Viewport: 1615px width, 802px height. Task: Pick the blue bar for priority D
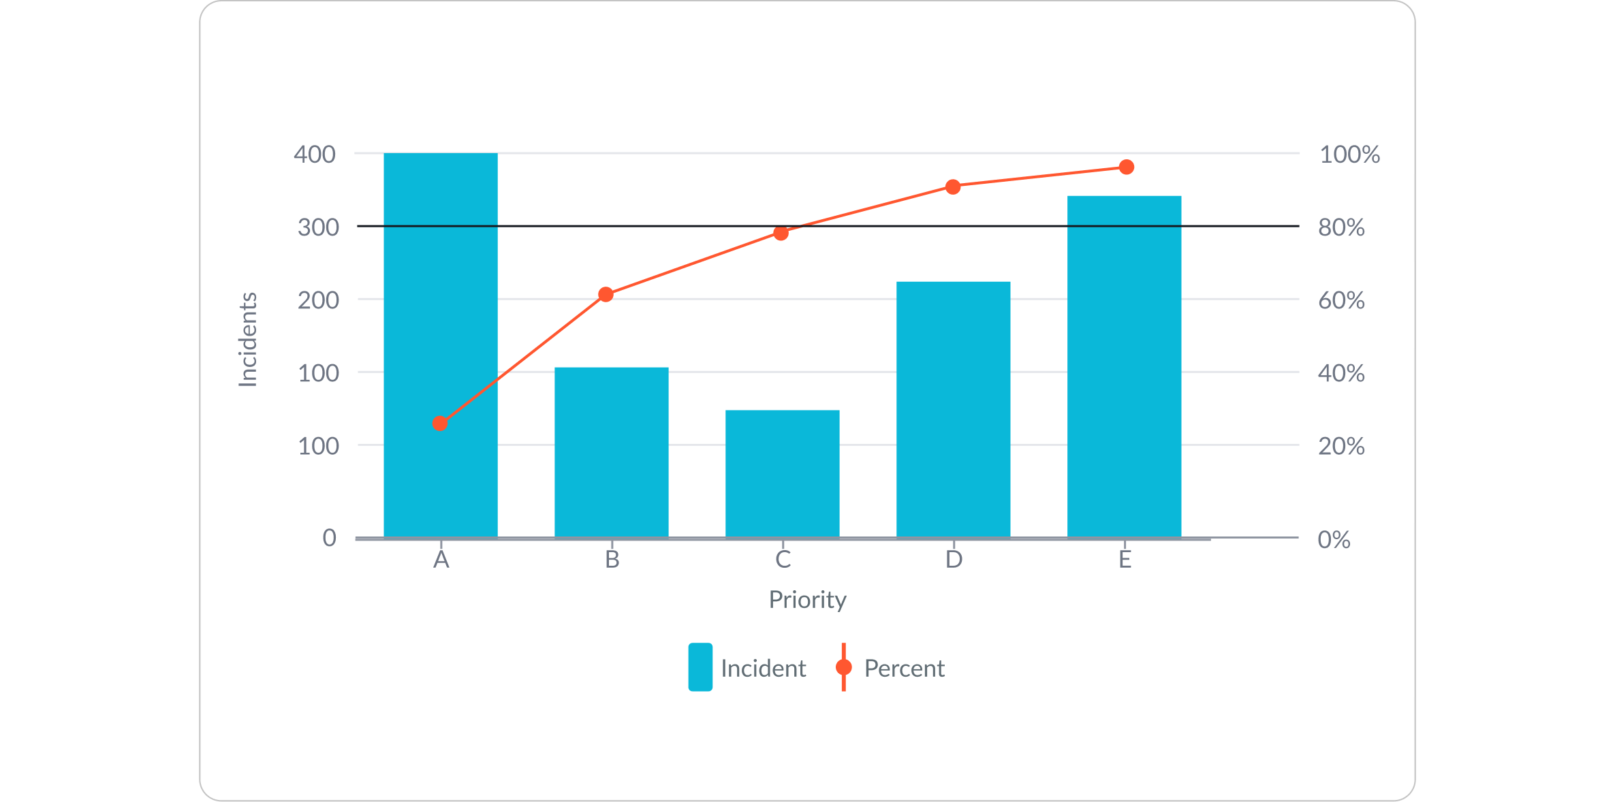pos(953,409)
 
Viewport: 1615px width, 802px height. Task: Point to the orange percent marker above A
pos(440,423)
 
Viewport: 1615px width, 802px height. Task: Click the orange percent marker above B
pos(606,294)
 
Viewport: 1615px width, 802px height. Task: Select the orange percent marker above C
pos(781,234)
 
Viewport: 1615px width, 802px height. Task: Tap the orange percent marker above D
pos(953,187)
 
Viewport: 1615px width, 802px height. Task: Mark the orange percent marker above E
pos(1127,167)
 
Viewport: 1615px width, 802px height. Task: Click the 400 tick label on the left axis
pos(315,155)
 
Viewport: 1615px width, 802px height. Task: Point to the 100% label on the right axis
pos(1349,155)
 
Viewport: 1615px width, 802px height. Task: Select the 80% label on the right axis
pos(1341,227)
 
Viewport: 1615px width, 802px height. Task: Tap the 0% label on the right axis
pos(1334,540)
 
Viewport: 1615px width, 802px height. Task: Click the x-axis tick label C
pos(783,560)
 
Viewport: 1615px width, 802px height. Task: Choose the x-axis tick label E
pos(1125,560)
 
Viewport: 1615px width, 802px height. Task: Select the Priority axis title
pos(807,600)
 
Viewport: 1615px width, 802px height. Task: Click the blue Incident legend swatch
pos(700,667)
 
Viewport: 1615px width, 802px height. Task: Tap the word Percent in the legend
pos(904,669)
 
